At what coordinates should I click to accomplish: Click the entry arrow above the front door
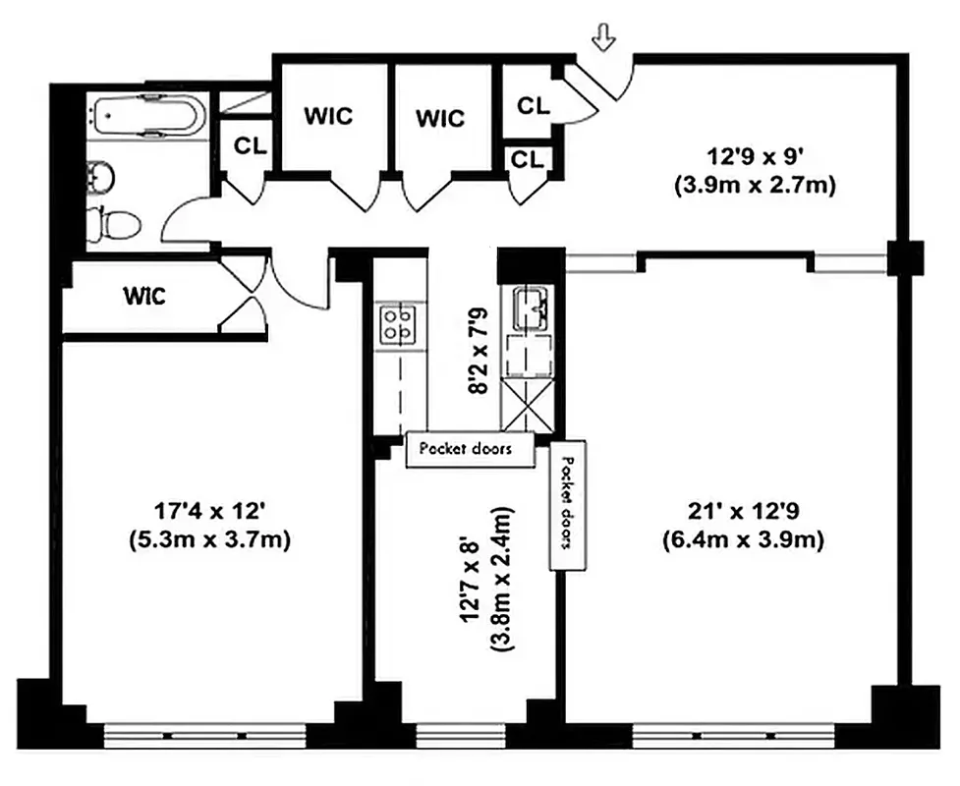click(604, 38)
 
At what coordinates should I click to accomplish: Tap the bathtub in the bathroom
click(146, 115)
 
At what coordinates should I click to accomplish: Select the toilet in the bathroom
click(106, 224)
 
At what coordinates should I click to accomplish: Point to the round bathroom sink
click(101, 177)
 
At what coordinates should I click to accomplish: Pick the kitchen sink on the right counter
click(531, 307)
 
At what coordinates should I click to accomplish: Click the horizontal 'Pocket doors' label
click(471, 449)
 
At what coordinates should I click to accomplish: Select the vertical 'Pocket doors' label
click(568, 505)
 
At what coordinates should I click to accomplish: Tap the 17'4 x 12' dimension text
click(211, 525)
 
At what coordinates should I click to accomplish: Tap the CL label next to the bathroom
click(250, 145)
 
